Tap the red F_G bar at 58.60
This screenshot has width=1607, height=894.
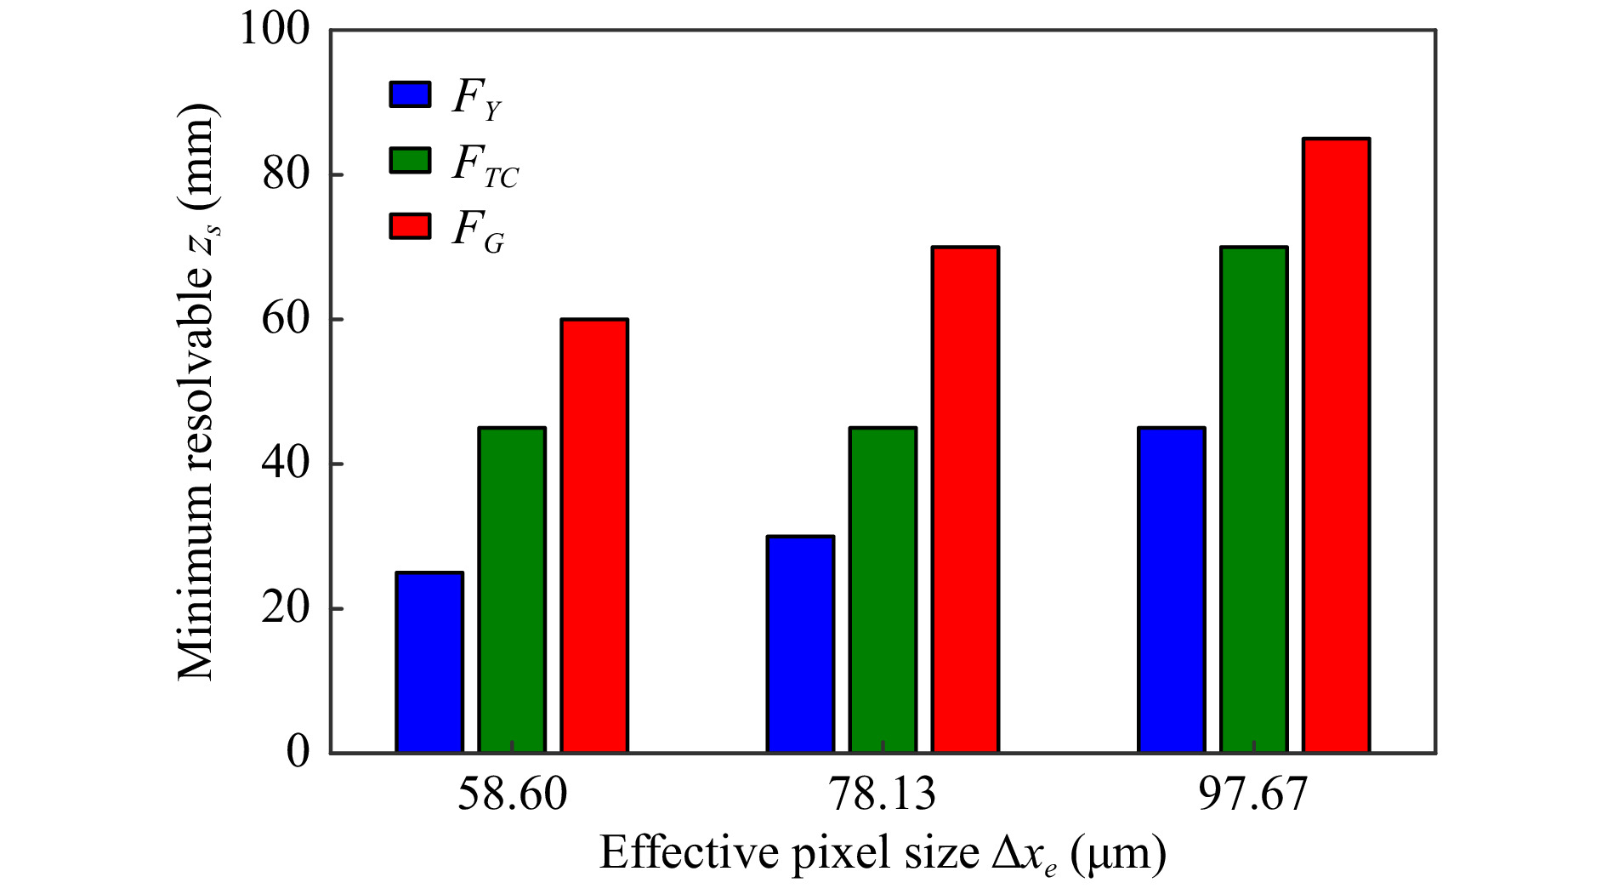(x=594, y=535)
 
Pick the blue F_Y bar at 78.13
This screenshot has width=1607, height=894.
(x=800, y=644)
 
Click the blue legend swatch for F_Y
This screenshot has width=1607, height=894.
(x=410, y=94)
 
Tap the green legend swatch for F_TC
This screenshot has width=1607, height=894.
(x=410, y=160)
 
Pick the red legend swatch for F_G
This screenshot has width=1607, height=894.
(x=410, y=226)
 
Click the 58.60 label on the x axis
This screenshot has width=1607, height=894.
(x=512, y=794)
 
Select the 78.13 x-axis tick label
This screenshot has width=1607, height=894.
(x=882, y=794)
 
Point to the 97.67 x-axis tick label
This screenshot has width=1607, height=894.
(x=1252, y=794)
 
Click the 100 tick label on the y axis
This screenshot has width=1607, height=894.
(x=275, y=30)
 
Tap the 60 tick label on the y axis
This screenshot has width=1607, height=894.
(x=286, y=320)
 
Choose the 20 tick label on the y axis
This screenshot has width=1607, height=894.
(x=286, y=609)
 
